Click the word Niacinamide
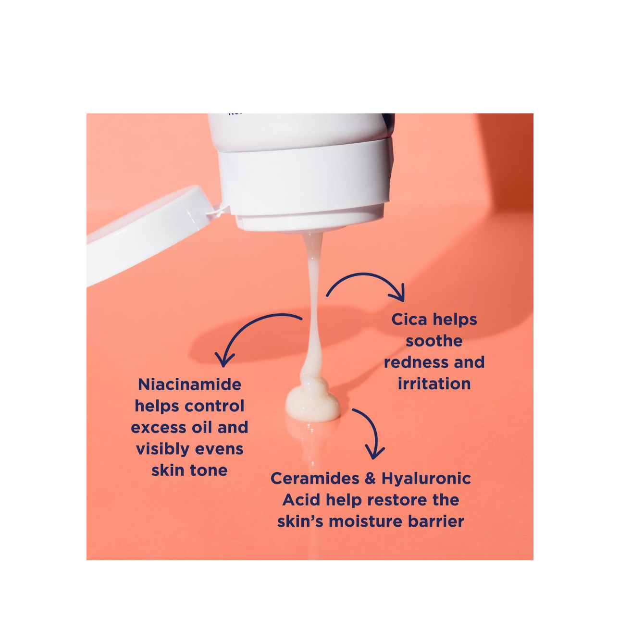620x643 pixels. (189, 384)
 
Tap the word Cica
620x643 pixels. (410, 320)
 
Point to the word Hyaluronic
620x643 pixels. (426, 479)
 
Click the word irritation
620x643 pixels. (434, 384)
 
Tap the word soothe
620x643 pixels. (434, 341)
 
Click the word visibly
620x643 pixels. (161, 449)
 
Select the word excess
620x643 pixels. (159, 428)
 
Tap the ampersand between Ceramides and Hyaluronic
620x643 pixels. (370, 479)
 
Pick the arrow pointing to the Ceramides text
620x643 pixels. (372, 433)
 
